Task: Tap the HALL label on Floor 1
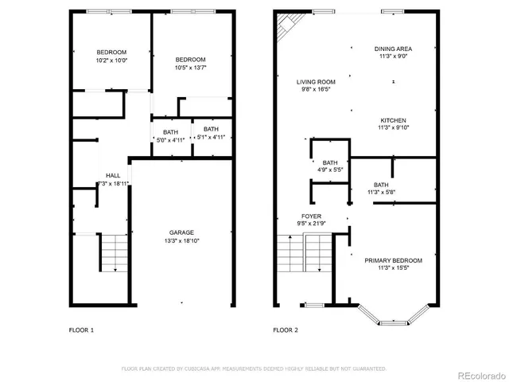[x=113, y=176]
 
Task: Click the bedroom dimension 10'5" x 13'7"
[x=191, y=68]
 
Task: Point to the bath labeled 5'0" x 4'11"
[x=171, y=139]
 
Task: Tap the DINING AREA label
[x=394, y=49]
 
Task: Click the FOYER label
[x=311, y=216]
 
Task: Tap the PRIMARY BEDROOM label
[x=394, y=260]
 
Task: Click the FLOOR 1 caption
[x=81, y=329]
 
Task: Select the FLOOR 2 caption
[x=286, y=329]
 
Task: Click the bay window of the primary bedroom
[x=394, y=318]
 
